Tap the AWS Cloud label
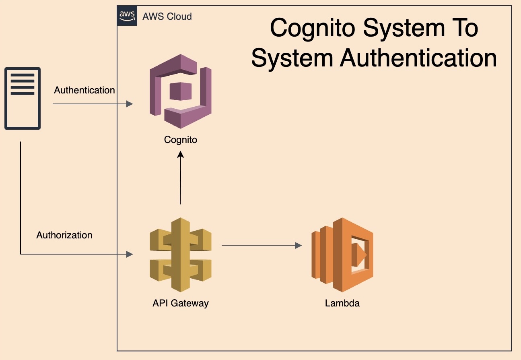pyautogui.click(x=167, y=17)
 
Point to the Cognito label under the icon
pyautogui.click(x=181, y=140)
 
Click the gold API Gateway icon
pyautogui.click(x=181, y=254)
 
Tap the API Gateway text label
pyautogui.click(x=181, y=303)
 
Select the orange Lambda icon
pyautogui.click(x=342, y=254)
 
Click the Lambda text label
pyautogui.click(x=342, y=303)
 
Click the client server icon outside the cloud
pyautogui.click(x=23, y=99)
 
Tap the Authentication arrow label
pyautogui.click(x=84, y=90)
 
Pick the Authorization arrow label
pyautogui.click(x=64, y=235)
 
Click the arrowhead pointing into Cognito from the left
pyautogui.click(x=130, y=104)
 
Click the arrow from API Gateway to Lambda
pyautogui.click(x=262, y=245)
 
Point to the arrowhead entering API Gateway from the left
pyautogui.click(x=130, y=254)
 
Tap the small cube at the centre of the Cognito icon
pyautogui.click(x=180, y=91)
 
